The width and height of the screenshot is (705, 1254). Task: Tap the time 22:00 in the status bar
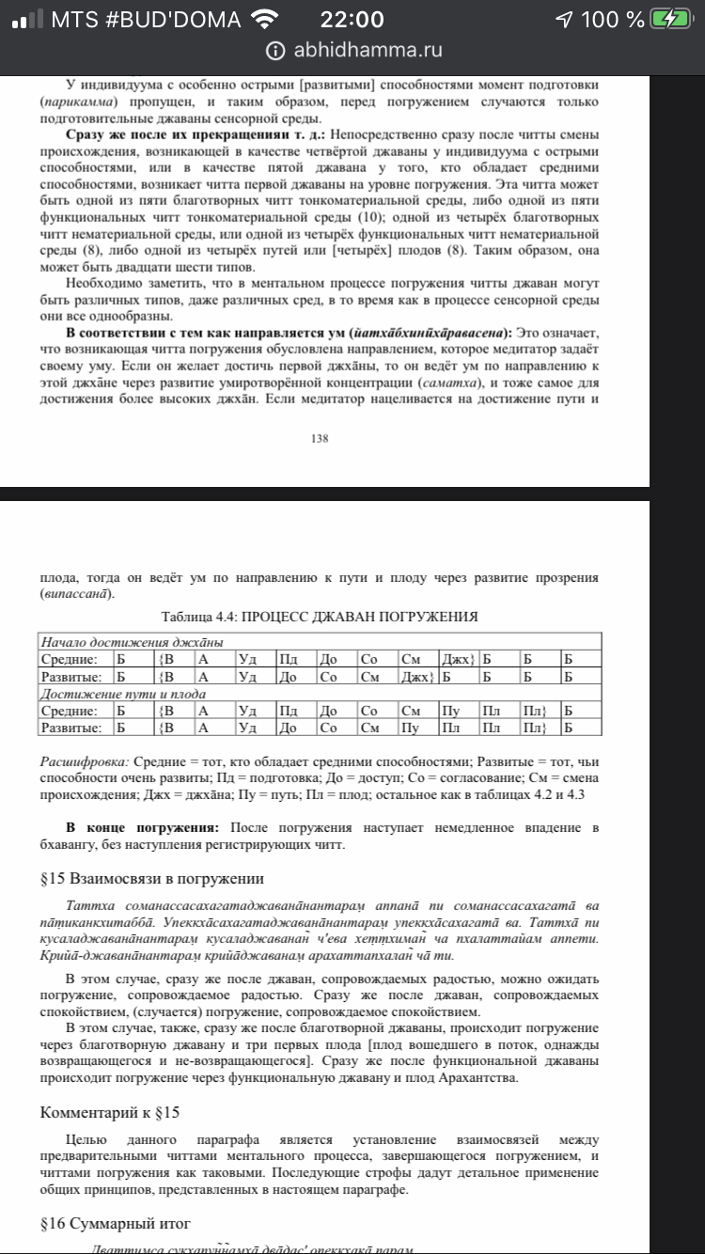(x=352, y=19)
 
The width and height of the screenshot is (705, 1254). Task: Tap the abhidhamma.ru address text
(x=368, y=51)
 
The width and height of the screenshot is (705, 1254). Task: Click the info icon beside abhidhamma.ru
(x=275, y=51)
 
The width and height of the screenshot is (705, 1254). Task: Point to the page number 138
(x=324, y=437)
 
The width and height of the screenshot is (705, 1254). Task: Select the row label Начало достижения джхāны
(x=131, y=643)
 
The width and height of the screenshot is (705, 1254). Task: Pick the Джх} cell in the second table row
(x=417, y=676)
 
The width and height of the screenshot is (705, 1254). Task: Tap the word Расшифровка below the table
(x=85, y=760)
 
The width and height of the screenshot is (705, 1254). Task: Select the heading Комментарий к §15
(x=109, y=1112)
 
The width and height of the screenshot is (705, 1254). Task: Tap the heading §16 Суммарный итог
(x=115, y=1223)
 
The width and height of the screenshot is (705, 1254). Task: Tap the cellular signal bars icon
(x=25, y=19)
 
